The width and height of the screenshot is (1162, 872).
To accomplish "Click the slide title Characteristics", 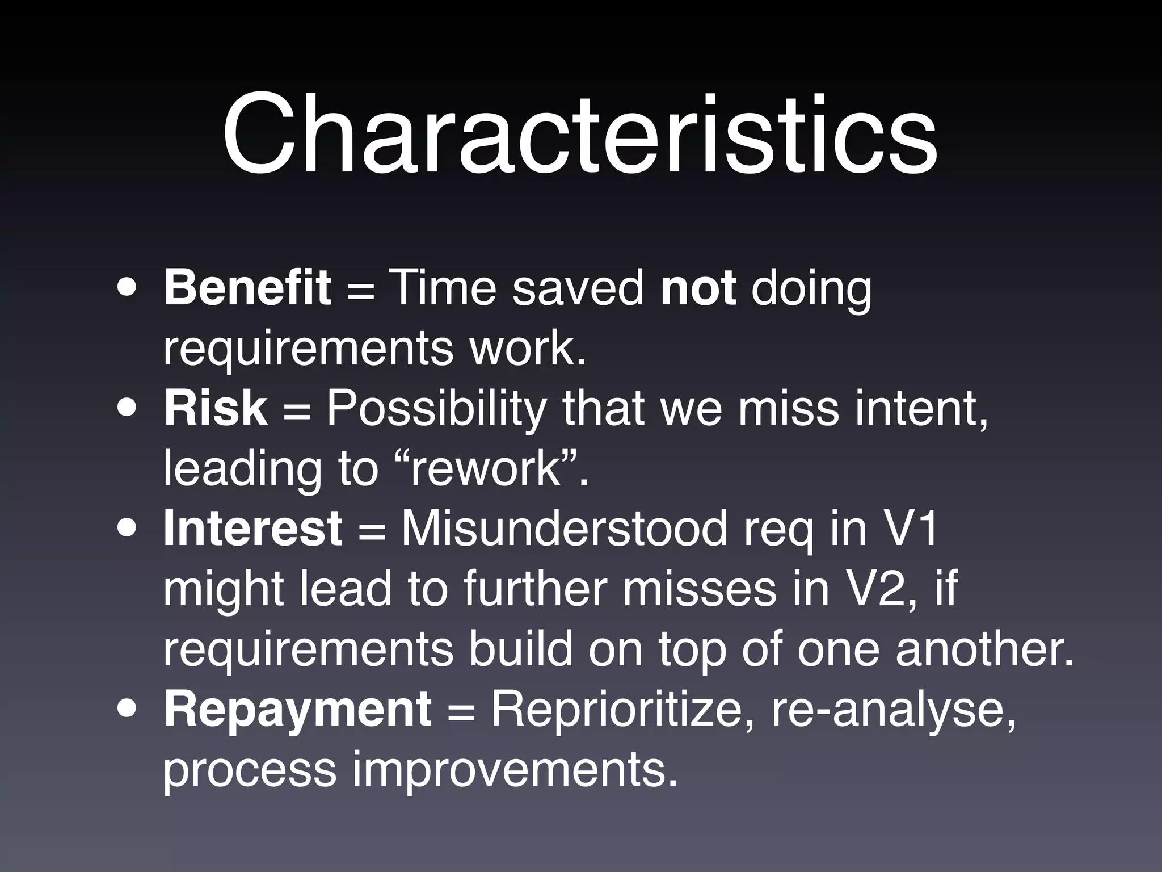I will [x=580, y=135].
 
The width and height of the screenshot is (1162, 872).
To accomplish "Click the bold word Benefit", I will [x=247, y=288].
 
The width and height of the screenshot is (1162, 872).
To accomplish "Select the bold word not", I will [x=698, y=288].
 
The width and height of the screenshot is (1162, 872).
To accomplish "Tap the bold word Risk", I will [x=215, y=408].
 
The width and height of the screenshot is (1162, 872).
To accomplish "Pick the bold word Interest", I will [x=252, y=529].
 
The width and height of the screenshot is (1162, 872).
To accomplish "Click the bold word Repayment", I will [x=297, y=709].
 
